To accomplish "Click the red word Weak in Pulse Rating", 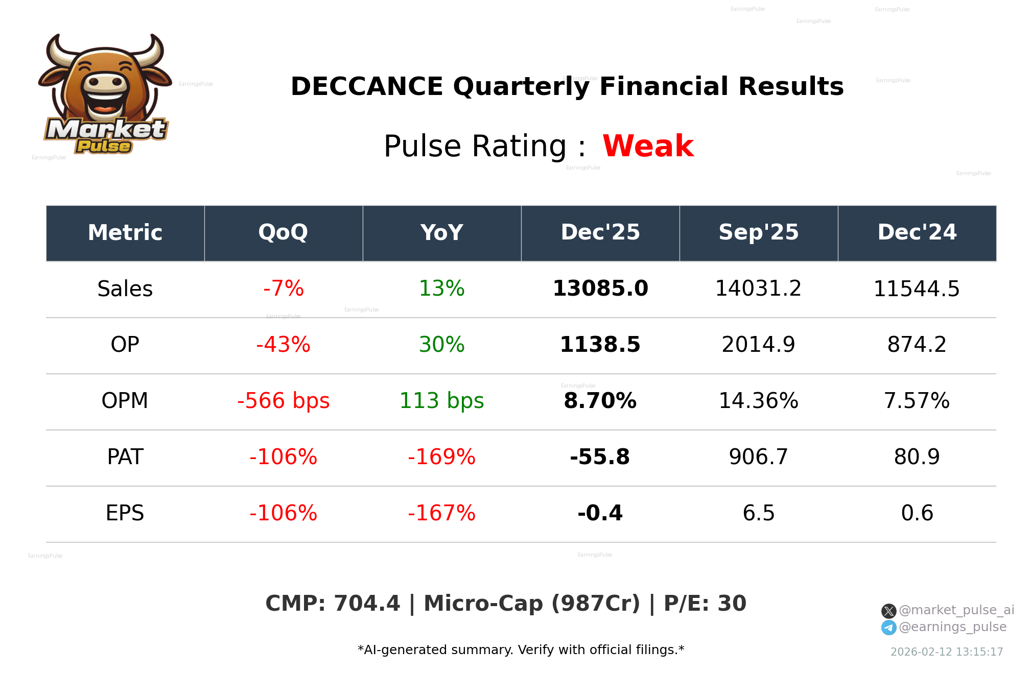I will click(648, 146).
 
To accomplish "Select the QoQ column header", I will click(283, 233).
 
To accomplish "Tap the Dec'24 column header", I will click(917, 233).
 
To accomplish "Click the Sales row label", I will click(125, 289).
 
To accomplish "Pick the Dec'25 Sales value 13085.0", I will click(600, 289).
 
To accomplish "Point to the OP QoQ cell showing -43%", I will click(283, 345).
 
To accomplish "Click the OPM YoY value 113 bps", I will click(441, 401).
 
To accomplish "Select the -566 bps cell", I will click(283, 401).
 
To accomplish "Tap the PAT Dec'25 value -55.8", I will click(600, 457).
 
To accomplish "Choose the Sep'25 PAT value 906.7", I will click(758, 457).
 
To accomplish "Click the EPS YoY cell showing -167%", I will click(441, 513).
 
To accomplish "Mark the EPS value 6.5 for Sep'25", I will click(758, 513).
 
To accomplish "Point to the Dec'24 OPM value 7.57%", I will click(917, 401).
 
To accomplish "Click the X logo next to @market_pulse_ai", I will click(888, 611).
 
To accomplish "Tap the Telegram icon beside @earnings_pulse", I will click(888, 628).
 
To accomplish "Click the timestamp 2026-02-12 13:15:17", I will click(946, 652).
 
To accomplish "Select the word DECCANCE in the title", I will click(366, 86).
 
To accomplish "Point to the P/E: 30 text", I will click(705, 604).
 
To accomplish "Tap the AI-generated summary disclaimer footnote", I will click(521, 650).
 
